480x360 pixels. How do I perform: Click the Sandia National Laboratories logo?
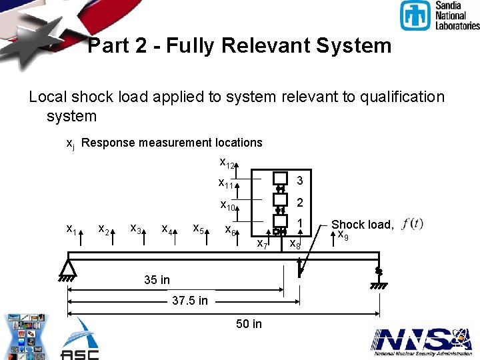click(x=439, y=16)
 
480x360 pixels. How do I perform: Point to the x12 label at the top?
click(x=227, y=162)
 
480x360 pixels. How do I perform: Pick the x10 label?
click(x=228, y=205)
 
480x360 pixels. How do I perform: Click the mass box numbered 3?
click(x=280, y=178)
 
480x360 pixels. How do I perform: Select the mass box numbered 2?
click(x=280, y=200)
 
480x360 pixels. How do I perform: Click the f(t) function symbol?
click(x=413, y=223)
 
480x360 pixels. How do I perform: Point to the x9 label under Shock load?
click(x=343, y=235)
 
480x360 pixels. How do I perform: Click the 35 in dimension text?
click(x=157, y=280)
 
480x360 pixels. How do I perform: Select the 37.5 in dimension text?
click(x=189, y=301)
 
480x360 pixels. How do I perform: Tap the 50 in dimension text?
click(x=249, y=324)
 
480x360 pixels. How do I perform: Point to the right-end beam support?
click(x=378, y=276)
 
